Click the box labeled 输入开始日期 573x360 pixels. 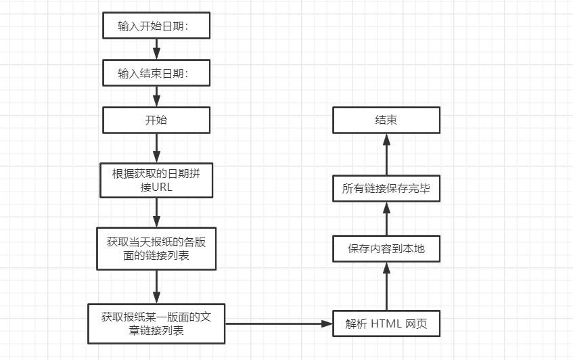pyautogui.click(x=156, y=26)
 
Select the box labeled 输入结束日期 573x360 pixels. pyautogui.click(x=156, y=73)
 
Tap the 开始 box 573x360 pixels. pyautogui.click(x=156, y=120)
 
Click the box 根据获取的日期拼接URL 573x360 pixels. pyautogui.click(x=156, y=180)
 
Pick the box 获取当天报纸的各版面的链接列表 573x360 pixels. pyautogui.click(x=156, y=248)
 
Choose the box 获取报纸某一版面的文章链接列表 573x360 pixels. pyautogui.click(x=156, y=323)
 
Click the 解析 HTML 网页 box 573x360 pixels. pyautogui.click(x=386, y=323)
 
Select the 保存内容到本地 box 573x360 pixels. pyautogui.click(x=386, y=248)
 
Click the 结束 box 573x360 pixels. pyautogui.click(x=386, y=120)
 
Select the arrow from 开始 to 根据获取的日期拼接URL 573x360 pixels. pyautogui.click(x=156, y=148)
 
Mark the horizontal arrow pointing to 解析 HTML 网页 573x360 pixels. pyautogui.click(x=279, y=323)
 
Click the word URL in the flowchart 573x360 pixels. pyautogui.click(x=162, y=187)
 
